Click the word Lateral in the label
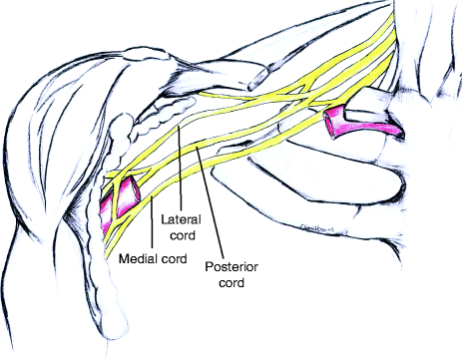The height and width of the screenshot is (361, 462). click(182, 219)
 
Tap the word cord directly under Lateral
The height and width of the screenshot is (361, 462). click(183, 235)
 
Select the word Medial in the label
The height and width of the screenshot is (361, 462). click(139, 258)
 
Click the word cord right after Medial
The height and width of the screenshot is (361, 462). click(175, 258)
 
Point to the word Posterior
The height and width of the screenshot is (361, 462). click(231, 266)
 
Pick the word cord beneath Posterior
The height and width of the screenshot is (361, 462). click(231, 282)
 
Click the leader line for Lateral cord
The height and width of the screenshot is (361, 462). click(180, 169)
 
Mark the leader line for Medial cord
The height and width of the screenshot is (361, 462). click(152, 222)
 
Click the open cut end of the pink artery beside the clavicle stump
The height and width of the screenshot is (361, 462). click(331, 123)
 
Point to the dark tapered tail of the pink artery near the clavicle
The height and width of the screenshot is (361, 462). click(394, 131)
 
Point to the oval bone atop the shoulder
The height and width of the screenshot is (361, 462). click(145, 54)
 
